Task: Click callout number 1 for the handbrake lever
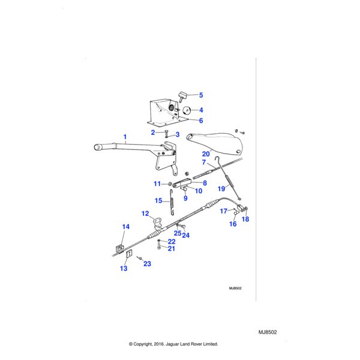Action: (x=125, y=137)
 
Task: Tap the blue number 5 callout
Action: (x=201, y=95)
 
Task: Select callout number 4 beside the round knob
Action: (x=201, y=110)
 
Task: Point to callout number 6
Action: (x=201, y=121)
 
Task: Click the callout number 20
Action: (x=206, y=154)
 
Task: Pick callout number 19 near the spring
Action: (x=221, y=188)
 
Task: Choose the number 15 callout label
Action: (x=158, y=200)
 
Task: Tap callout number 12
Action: (x=145, y=214)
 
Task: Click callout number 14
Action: (x=126, y=227)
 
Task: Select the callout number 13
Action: (x=124, y=269)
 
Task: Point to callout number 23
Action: (x=148, y=263)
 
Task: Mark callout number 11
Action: (x=157, y=184)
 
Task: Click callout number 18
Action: (x=245, y=220)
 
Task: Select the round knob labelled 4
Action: (x=187, y=110)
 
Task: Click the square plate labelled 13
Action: (x=128, y=254)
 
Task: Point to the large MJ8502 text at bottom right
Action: (x=271, y=332)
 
